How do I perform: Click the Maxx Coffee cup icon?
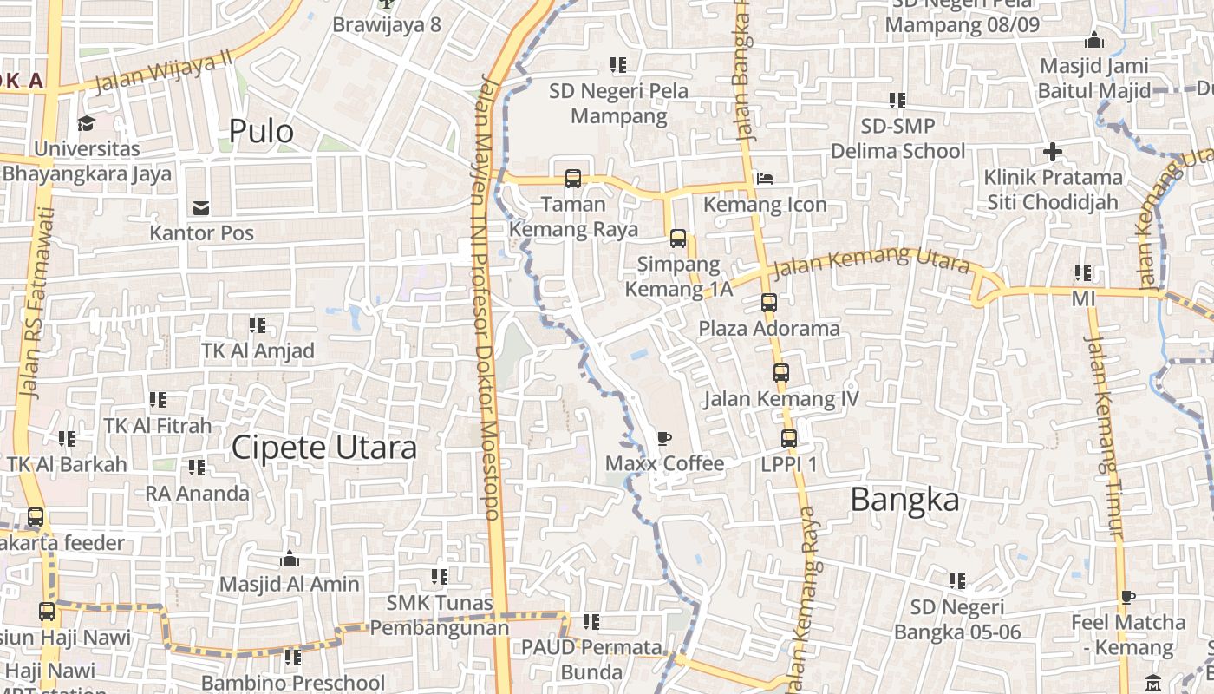(664, 438)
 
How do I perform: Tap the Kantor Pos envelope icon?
(201, 207)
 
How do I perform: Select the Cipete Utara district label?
(323, 448)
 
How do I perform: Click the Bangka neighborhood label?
(904, 500)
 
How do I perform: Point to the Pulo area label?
(261, 131)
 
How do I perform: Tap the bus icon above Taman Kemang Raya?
(572, 179)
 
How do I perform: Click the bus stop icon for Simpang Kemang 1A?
(678, 238)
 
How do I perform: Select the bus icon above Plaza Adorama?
(769, 303)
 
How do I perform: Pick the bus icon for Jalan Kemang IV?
(781, 373)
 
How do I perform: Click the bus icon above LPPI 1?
(788, 439)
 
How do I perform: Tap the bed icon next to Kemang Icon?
(765, 178)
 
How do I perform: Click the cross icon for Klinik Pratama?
(1052, 153)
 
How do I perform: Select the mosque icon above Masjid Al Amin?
(289, 559)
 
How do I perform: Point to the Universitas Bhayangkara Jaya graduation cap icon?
(86, 123)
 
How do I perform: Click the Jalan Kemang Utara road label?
(870, 260)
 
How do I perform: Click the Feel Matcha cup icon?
(1127, 597)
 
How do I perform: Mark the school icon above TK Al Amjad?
(258, 325)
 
